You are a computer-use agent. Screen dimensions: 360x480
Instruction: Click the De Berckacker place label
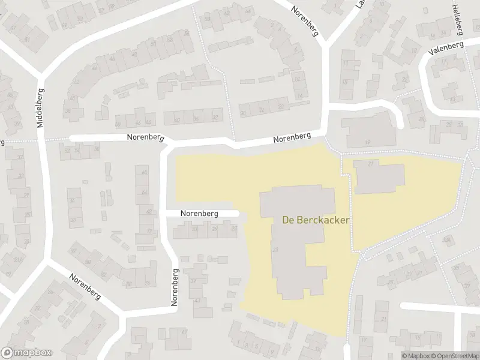click(316, 220)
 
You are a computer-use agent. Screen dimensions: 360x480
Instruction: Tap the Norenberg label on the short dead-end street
click(201, 214)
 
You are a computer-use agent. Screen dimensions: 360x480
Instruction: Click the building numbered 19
click(367, 142)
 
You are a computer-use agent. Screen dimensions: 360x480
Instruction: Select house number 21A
click(19, 259)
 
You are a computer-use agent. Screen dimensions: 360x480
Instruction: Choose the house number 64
click(145, 192)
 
